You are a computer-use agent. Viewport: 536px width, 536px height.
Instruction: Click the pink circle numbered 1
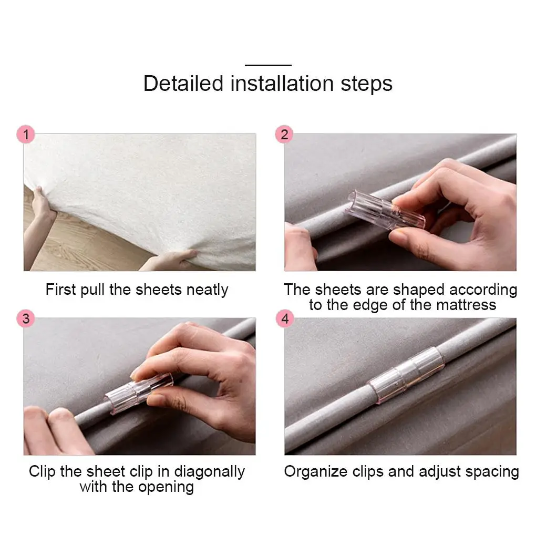click(x=26, y=135)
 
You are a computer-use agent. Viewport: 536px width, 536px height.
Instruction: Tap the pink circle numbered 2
click(x=284, y=135)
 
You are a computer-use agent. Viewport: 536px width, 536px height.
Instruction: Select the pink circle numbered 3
click(x=26, y=318)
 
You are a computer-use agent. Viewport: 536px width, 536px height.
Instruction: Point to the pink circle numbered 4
click(x=285, y=318)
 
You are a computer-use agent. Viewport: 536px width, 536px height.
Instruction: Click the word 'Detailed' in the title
click(x=183, y=84)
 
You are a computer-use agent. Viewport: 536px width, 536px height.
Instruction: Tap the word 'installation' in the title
click(x=282, y=84)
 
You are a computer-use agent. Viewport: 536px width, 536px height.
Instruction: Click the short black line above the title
click(x=268, y=65)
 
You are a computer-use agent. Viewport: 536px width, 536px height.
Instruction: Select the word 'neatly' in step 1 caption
click(x=207, y=290)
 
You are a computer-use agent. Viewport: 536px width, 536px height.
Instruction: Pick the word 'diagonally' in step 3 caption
click(x=210, y=472)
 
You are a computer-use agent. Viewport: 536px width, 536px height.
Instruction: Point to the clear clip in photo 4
click(x=406, y=375)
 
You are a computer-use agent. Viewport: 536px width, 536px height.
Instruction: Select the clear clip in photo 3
click(x=138, y=393)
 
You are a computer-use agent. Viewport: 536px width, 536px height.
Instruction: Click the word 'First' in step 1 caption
click(x=60, y=290)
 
